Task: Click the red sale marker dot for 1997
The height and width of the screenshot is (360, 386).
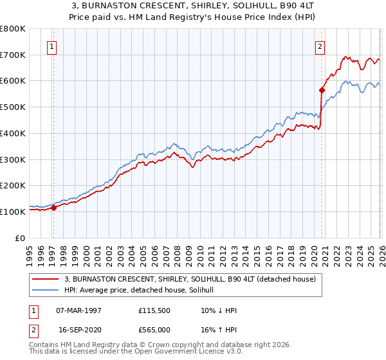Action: [x=53, y=208]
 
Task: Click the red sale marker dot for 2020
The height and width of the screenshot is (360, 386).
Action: [x=322, y=90]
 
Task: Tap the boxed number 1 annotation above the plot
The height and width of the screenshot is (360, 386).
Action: [x=51, y=46]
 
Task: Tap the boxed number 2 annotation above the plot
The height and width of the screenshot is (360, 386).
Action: [x=320, y=46]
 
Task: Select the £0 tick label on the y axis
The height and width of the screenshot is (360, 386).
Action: [x=21, y=238]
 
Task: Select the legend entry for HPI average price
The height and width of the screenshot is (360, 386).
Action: [x=143, y=290]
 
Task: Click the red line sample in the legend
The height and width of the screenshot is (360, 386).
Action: [x=46, y=280]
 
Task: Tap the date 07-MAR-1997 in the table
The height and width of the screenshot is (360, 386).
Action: [x=78, y=310]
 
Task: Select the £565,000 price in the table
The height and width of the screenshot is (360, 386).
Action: [x=154, y=329]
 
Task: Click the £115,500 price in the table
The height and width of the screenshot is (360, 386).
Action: [x=154, y=310]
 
